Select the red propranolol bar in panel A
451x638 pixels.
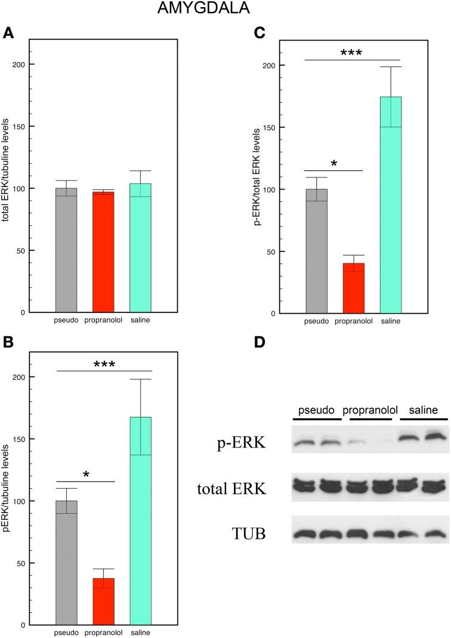point(103,251)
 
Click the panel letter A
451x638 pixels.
point(8,33)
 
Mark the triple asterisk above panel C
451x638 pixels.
point(353,53)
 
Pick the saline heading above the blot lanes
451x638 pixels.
point(424,411)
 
